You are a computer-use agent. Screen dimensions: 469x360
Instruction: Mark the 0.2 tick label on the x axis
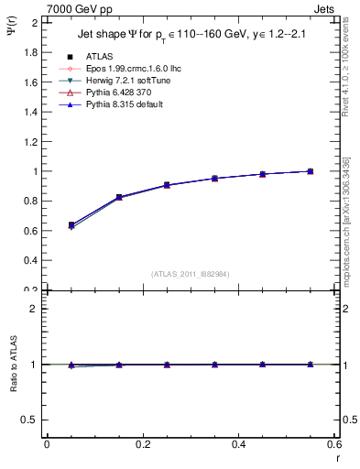pyautogui.click(x=142, y=444)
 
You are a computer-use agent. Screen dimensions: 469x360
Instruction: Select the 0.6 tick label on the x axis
pyautogui.click(x=335, y=444)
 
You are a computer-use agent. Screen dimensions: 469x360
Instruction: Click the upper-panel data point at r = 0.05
pyautogui.click(x=71, y=224)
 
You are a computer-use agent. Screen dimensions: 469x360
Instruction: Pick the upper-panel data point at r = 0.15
pyautogui.click(x=119, y=197)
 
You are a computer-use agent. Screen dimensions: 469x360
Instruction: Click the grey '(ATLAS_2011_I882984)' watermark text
pyautogui.click(x=191, y=274)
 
